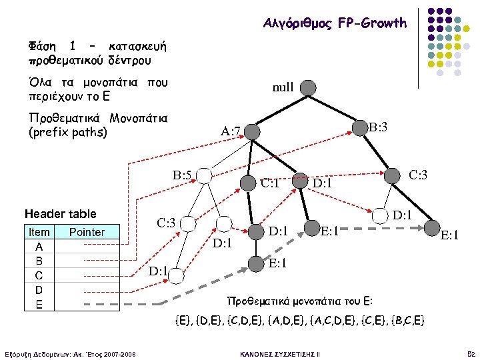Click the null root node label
tap(283, 87)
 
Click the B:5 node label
tap(183, 176)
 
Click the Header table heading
tap(60, 214)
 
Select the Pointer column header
tap(87, 233)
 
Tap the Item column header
tap(39, 233)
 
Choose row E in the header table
tap(39, 305)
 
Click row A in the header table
tap(39, 246)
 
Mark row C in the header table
tap(39, 275)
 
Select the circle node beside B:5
tap(204, 176)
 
